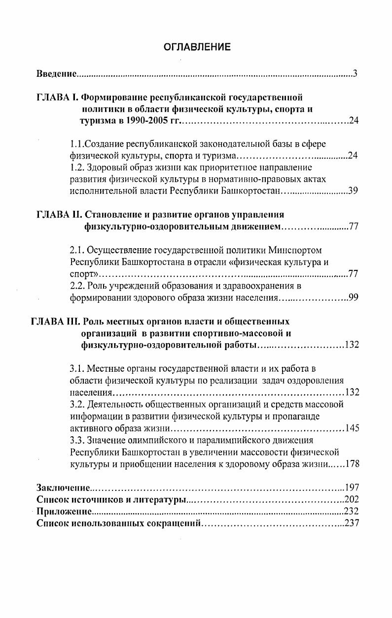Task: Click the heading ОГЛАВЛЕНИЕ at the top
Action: (x=197, y=47)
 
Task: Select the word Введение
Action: (x=57, y=74)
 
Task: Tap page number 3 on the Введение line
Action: (x=355, y=74)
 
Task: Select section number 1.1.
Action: (x=77, y=144)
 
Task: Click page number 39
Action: (x=353, y=191)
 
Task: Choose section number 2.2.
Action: (x=78, y=286)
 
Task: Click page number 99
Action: (x=353, y=297)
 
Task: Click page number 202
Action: (x=351, y=500)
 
